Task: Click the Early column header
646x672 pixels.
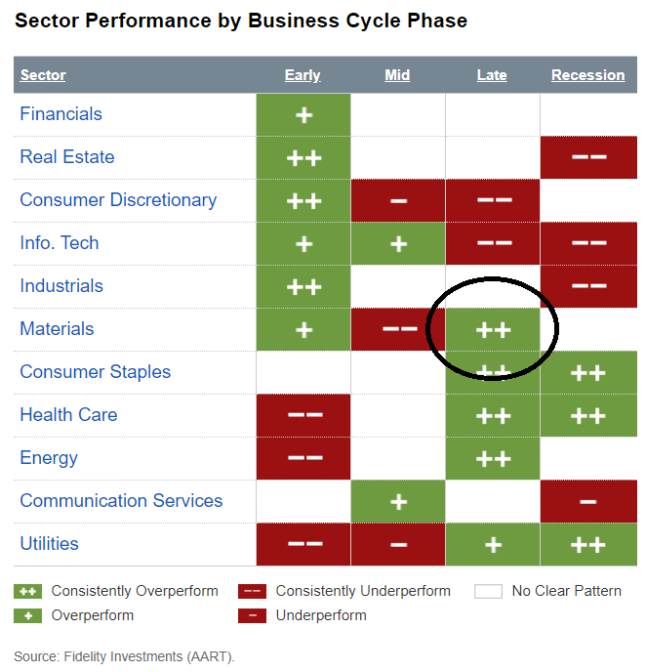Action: pos(303,75)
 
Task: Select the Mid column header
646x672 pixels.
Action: pos(397,75)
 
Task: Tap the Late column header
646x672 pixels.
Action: pos(492,75)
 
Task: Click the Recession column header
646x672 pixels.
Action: pos(587,75)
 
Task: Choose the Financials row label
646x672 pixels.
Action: pos(61,114)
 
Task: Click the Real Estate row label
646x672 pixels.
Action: pos(66,157)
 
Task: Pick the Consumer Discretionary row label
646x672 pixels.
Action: pos(118,200)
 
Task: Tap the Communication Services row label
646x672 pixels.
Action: pos(121,501)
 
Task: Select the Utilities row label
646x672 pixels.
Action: pos(49,544)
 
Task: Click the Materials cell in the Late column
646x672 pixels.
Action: pos(493,329)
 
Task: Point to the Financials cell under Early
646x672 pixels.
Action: pos(303,114)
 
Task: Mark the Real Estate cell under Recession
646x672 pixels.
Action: pos(588,157)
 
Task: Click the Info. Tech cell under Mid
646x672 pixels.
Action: pos(398,243)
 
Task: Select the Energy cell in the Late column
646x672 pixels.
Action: pos(493,458)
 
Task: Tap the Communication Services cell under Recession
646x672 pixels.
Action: pos(588,501)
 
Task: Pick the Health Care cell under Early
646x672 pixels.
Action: pos(303,415)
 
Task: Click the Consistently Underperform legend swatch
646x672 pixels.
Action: pos(252,591)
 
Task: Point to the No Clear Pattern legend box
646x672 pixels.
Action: pos(489,591)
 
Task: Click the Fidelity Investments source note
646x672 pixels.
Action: pos(124,656)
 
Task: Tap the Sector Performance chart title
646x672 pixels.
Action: pos(241,21)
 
